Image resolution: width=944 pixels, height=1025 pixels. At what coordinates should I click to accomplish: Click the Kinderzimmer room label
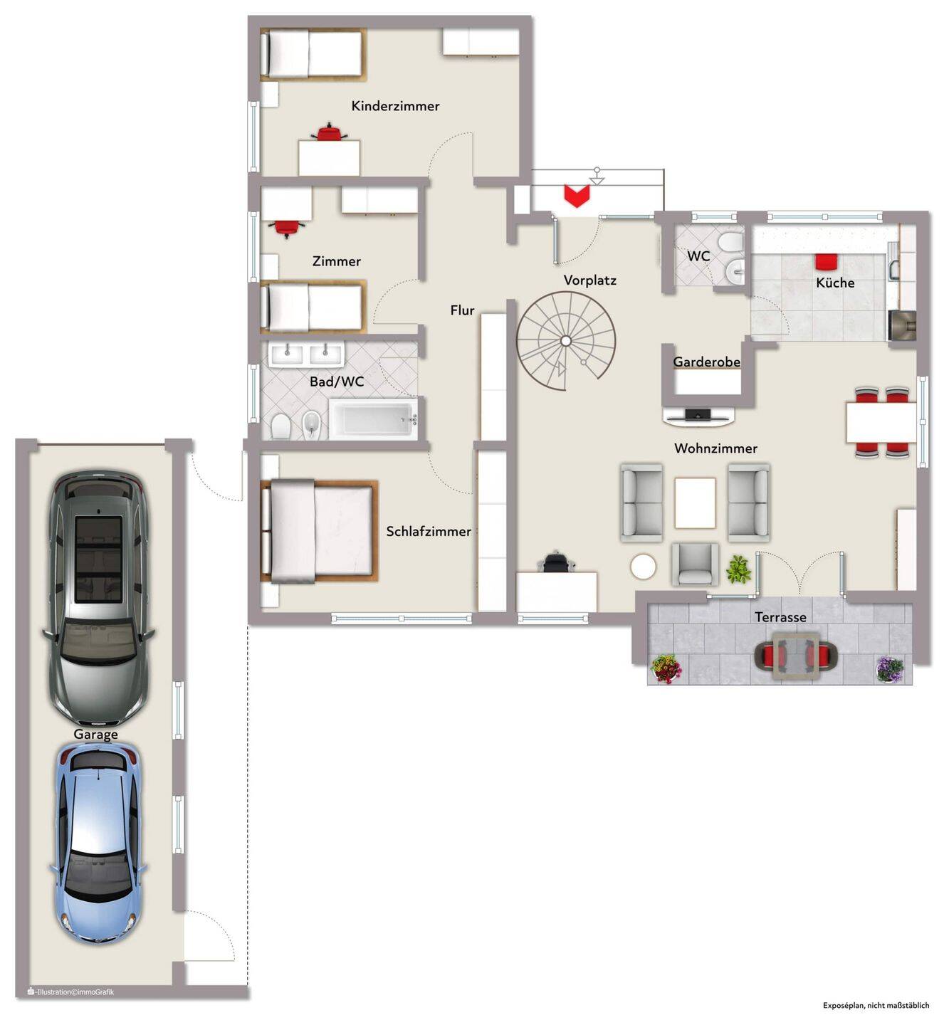coord(395,106)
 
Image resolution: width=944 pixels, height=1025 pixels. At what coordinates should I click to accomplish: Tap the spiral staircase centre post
coord(566,341)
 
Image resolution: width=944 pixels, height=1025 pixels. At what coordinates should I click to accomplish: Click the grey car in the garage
coord(99,598)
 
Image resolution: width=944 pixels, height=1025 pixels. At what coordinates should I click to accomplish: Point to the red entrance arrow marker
coord(577,196)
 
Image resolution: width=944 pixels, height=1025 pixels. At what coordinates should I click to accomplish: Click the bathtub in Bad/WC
coord(372,420)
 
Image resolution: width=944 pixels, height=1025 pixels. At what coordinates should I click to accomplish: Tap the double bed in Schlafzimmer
coord(319,531)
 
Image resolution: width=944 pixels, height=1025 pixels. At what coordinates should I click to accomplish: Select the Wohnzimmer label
coord(715,448)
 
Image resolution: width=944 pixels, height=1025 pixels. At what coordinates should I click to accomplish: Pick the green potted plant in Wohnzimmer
coord(738,569)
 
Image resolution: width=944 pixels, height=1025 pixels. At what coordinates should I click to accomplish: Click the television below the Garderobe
coord(698,415)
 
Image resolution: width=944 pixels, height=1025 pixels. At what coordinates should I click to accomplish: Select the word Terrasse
coord(780,617)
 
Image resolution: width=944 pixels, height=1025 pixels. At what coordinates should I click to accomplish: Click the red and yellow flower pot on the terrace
coord(666,669)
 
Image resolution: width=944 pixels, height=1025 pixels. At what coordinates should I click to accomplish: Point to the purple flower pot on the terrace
coord(890,669)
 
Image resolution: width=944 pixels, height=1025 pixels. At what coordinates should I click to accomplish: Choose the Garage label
coord(95,735)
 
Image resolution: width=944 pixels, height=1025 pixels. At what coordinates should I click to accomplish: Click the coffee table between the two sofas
coord(695,503)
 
